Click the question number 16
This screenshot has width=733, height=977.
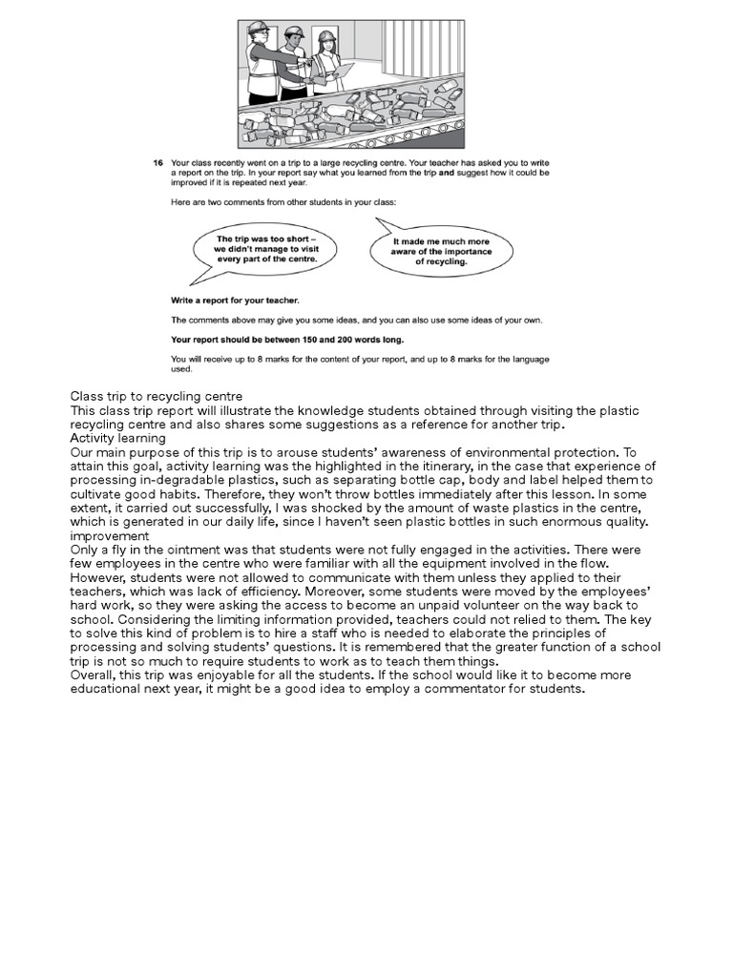[158, 163]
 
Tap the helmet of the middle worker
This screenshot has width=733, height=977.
[295, 32]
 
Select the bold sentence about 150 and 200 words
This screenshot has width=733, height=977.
[275, 339]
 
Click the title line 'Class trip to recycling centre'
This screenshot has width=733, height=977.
[157, 396]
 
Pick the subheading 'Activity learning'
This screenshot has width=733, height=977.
[117, 438]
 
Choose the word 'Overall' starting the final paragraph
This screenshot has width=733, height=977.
[92, 675]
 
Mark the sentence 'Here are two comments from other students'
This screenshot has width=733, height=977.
[275, 202]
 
